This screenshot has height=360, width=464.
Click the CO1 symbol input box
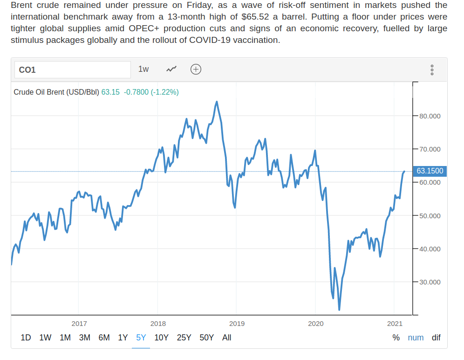[72, 70]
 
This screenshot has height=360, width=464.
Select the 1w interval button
[143, 69]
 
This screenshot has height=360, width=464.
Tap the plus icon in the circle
[196, 69]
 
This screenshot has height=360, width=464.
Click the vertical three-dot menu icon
[432, 70]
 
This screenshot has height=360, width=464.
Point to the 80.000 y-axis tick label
[430, 116]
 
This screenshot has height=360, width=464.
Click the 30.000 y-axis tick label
[430, 282]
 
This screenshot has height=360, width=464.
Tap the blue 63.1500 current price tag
[430, 171]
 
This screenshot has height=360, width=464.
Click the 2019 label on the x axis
[237, 323]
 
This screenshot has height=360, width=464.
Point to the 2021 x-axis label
[395, 323]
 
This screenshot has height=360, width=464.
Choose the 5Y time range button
[141, 338]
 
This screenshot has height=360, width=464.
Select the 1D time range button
[26, 338]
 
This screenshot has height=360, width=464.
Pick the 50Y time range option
[206, 338]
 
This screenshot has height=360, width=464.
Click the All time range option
[227, 338]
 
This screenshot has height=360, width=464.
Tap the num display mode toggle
[416, 338]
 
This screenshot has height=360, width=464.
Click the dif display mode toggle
[436, 338]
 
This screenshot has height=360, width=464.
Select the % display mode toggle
[396, 338]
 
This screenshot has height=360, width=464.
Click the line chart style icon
[171, 69]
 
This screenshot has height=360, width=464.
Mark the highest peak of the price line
[217, 101]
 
